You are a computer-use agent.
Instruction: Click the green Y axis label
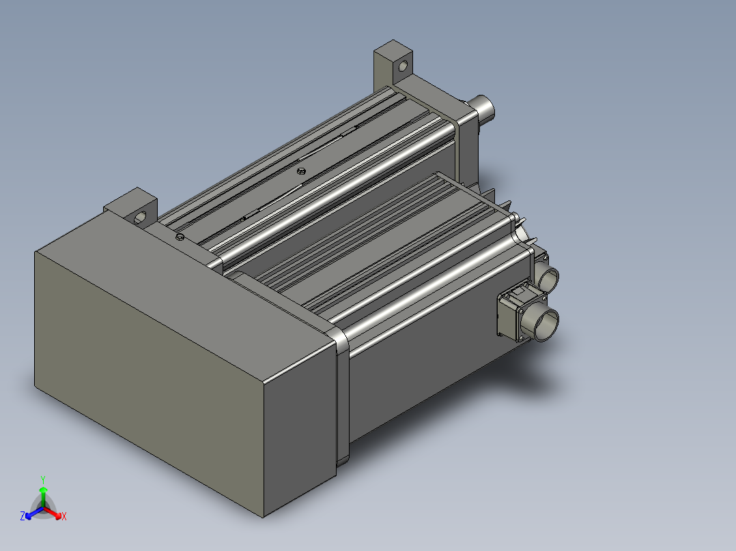(x=43, y=479)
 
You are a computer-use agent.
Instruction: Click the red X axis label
(x=64, y=517)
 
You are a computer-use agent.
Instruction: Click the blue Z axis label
(x=23, y=517)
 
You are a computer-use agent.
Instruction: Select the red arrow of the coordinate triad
(x=55, y=512)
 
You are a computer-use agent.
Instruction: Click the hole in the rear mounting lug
(x=402, y=67)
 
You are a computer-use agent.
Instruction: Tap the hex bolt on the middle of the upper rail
(x=300, y=170)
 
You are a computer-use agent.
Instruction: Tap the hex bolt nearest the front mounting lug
(x=180, y=237)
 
